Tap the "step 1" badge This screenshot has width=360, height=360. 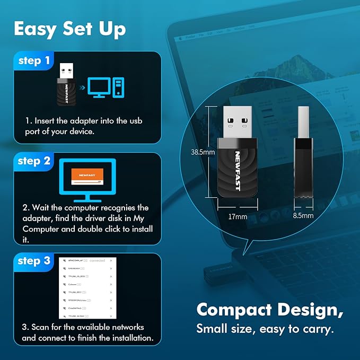point(34,61)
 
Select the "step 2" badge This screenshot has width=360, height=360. point(34,161)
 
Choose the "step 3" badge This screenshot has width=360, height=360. point(34,261)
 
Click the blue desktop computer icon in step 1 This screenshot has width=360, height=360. point(106,87)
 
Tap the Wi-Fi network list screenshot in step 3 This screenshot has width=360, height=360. point(87,289)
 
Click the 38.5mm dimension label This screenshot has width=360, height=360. point(203,152)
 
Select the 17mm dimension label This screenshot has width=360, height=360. point(238,216)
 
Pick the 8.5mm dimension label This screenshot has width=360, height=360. point(303,216)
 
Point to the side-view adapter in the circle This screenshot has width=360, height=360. point(303,154)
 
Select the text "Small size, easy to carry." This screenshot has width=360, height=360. point(265,329)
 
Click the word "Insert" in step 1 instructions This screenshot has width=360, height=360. point(44,121)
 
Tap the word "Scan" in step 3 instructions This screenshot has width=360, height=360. point(40,327)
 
